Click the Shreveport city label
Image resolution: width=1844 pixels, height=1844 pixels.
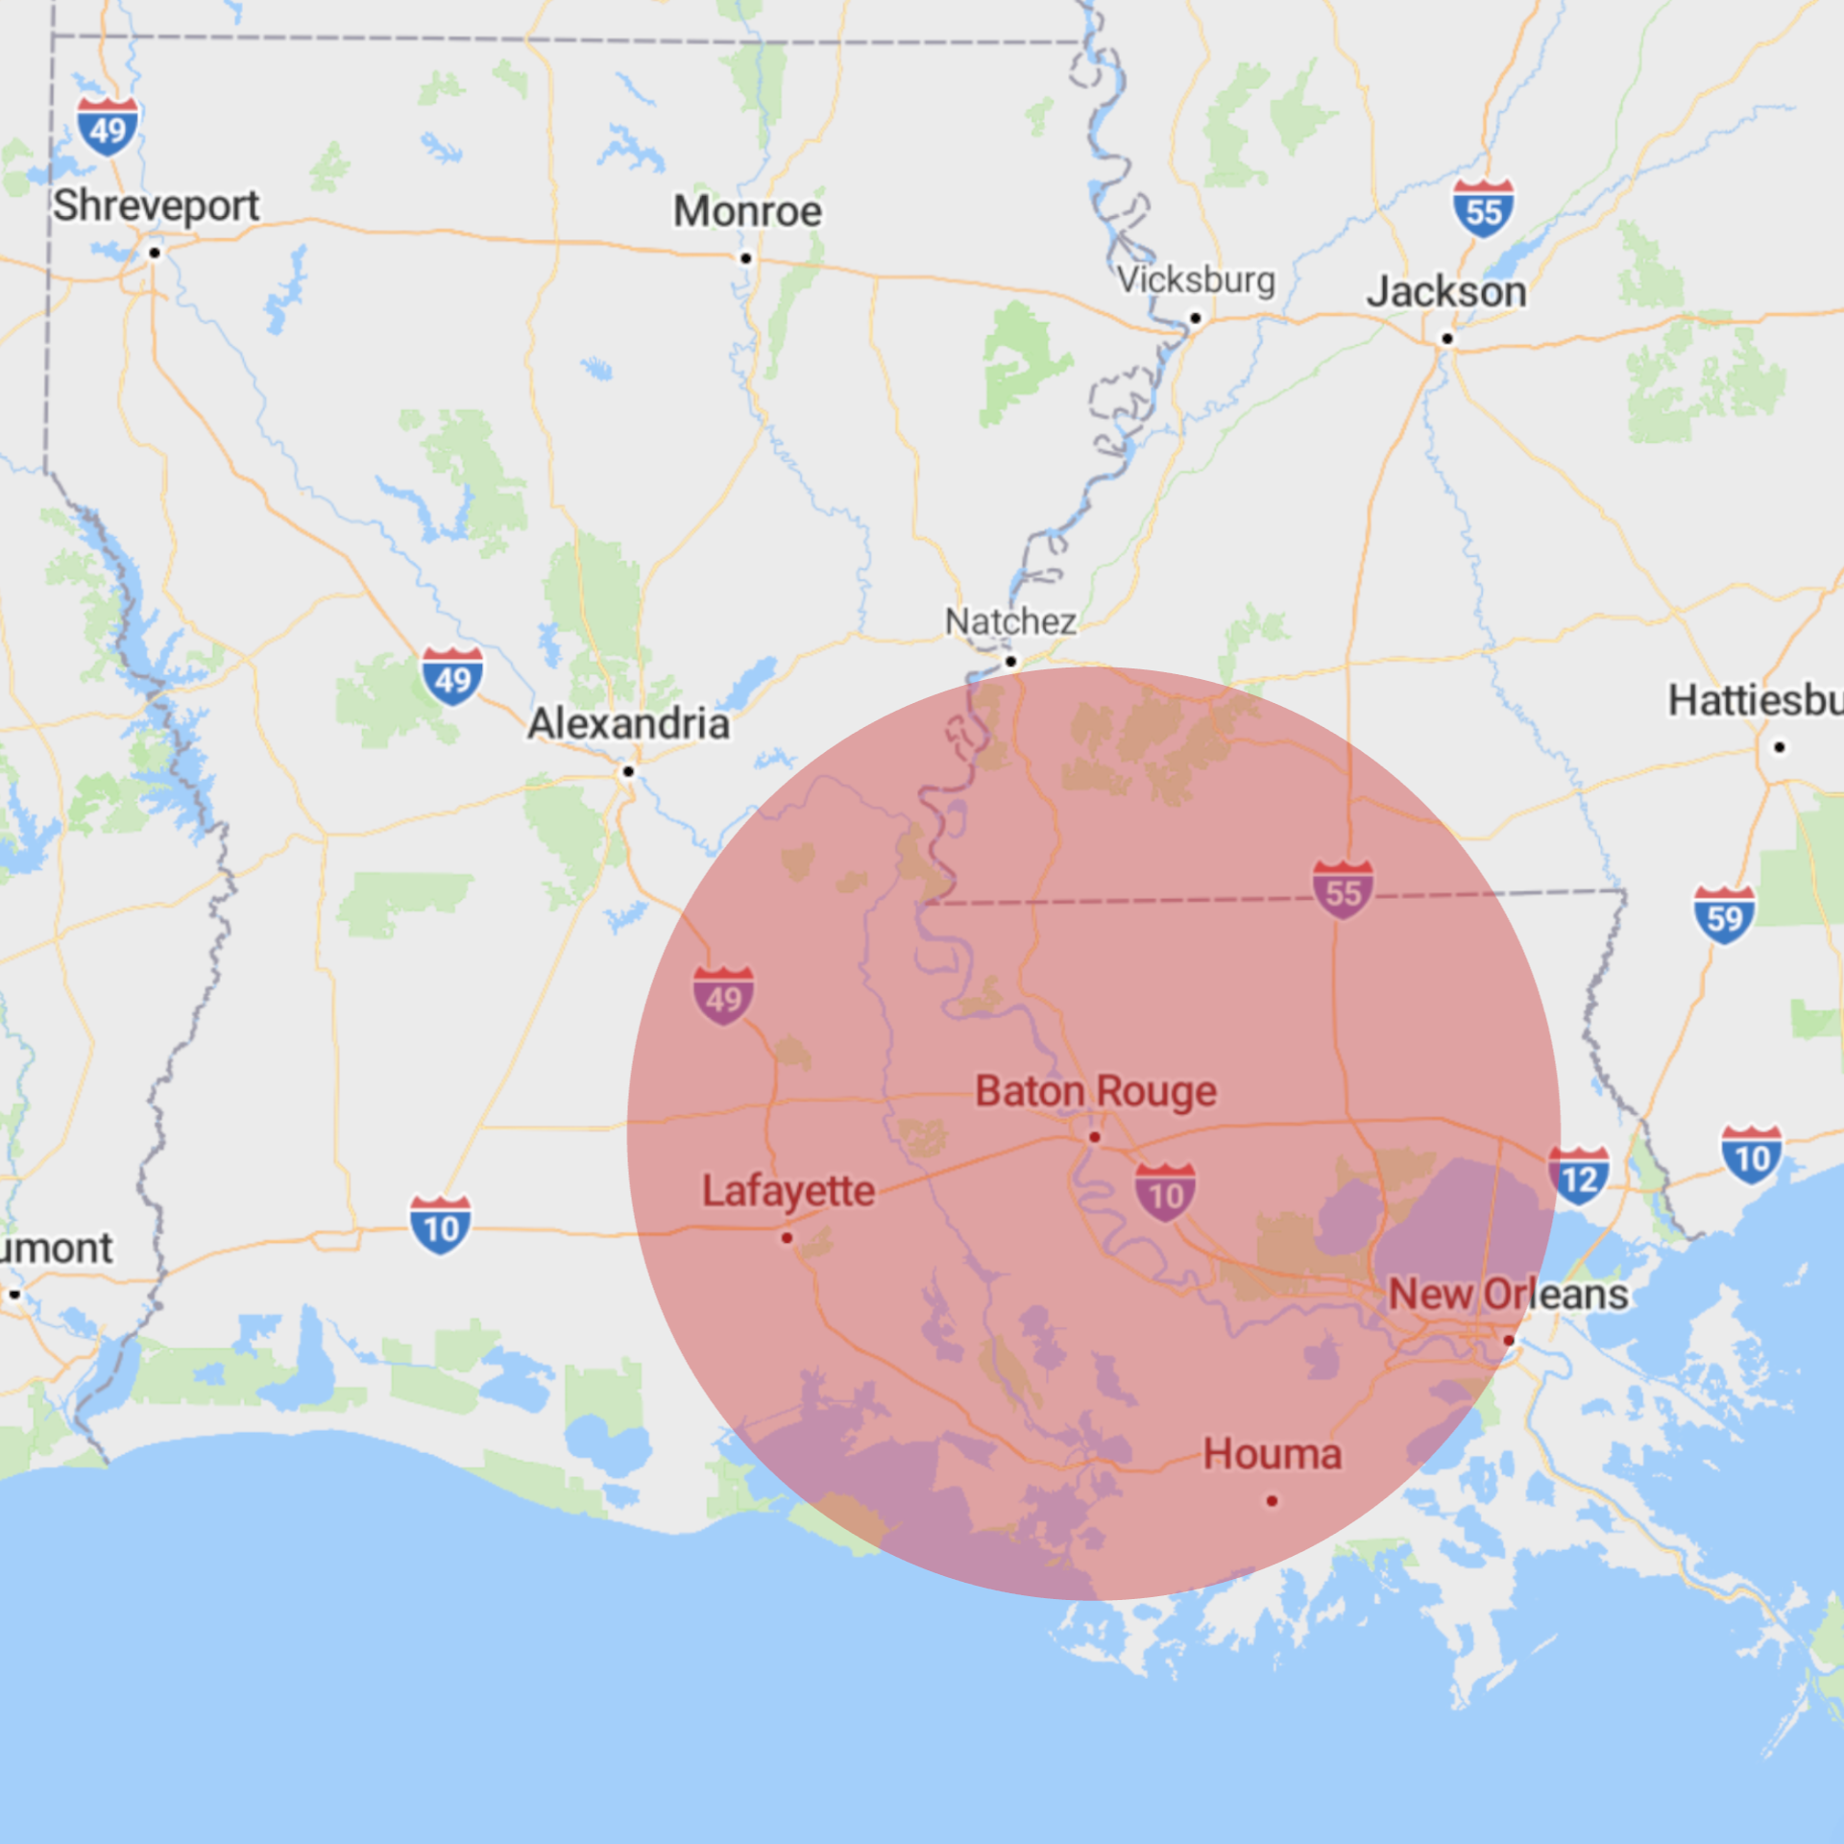coord(156,206)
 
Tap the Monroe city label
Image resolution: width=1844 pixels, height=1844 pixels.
coord(747,211)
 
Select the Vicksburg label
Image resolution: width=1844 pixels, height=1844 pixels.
coord(1196,280)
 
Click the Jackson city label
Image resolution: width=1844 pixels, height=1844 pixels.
coord(1446,292)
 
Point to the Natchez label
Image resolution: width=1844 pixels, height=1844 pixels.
coord(1010,621)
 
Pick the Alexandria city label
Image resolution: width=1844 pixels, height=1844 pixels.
coord(628,724)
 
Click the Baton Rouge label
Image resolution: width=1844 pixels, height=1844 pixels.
coord(1096,1092)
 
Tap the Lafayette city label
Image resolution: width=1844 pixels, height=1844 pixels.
coord(789,1191)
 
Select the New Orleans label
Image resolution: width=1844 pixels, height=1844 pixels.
coord(1508,1295)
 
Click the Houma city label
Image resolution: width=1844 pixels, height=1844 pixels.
coord(1272,1454)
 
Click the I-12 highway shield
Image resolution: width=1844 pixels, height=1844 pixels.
coord(1578,1177)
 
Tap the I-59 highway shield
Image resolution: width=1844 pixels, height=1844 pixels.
coord(1724,916)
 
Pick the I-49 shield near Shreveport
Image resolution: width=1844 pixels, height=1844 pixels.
coord(108,127)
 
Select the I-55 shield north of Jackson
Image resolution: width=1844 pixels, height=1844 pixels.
coord(1483,208)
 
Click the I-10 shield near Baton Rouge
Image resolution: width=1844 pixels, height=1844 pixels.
coord(1165,1193)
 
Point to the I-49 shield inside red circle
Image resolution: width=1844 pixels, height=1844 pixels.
coord(723,997)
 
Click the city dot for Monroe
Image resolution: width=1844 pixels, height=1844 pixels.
coord(745,258)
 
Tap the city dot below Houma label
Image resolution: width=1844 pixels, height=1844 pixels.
coord(1272,1500)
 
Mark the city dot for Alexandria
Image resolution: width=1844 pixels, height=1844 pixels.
coord(628,771)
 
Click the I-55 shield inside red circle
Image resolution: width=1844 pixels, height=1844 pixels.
coord(1343,890)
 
